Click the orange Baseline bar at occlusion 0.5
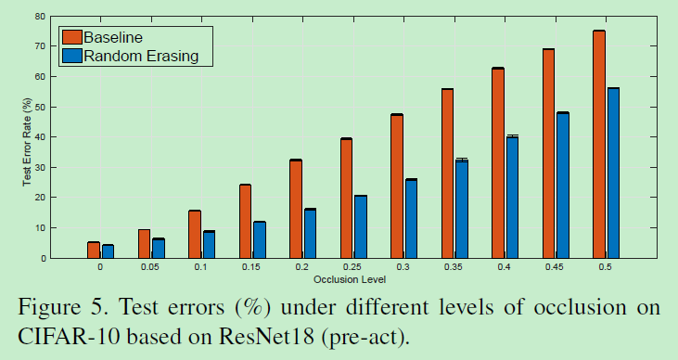pos(599,144)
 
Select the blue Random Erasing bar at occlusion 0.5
pos(613,173)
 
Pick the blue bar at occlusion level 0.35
pos(461,209)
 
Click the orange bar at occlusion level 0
pos(94,250)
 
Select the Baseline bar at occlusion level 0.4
pos(498,162)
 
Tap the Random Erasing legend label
pos(147,56)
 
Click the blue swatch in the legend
pos(71,56)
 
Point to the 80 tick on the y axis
pos(42,17)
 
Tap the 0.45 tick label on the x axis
pos(555,267)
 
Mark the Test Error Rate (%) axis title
pos(27,137)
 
